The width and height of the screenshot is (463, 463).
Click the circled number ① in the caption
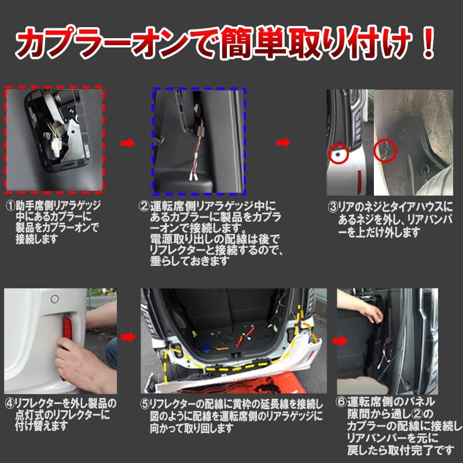click(10, 205)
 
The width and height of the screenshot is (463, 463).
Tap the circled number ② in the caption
click(144, 205)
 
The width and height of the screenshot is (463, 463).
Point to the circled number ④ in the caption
click(10, 402)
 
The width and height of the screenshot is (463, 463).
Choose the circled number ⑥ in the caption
click(341, 402)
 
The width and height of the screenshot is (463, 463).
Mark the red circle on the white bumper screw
click(338, 153)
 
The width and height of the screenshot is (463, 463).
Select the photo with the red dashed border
click(54, 141)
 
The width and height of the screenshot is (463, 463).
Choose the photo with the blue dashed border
click(199, 141)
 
